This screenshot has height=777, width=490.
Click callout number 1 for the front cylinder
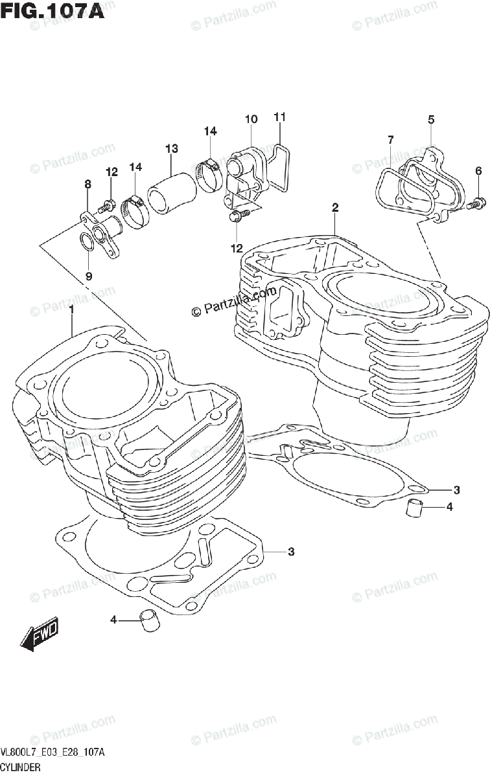72,310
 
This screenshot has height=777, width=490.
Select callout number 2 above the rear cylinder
335,208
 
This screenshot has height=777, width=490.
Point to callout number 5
431,119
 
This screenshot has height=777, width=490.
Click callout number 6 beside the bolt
478,171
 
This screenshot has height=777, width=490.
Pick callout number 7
391,139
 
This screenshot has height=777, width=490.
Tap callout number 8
87,185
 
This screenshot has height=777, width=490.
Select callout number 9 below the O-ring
89,275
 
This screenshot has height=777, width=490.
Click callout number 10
251,119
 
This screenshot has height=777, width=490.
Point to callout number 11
279,117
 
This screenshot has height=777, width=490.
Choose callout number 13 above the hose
171,149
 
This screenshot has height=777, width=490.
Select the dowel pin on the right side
415,508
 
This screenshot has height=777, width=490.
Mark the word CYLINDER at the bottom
21,767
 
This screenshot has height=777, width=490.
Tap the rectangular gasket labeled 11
281,168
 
